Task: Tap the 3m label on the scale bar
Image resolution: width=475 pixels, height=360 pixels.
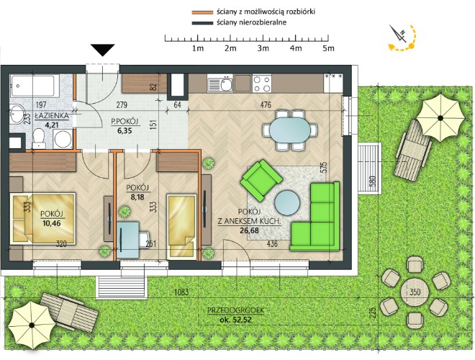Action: [x=263, y=48]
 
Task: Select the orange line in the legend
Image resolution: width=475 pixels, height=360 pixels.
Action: [x=202, y=12]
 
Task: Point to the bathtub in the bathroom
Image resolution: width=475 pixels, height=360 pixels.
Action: [x=35, y=86]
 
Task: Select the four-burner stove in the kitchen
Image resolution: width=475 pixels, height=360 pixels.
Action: [x=262, y=84]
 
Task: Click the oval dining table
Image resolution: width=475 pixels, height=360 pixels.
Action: [x=290, y=130]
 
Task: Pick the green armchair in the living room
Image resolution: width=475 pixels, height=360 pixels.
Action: [x=261, y=180]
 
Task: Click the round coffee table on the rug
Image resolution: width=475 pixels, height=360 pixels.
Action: [x=287, y=202]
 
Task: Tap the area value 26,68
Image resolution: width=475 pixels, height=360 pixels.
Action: [x=249, y=230]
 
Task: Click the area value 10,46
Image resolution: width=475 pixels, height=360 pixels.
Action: [x=51, y=224]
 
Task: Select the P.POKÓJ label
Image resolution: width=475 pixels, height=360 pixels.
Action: [x=125, y=122]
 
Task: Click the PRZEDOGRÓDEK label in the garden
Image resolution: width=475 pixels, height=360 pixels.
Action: [x=235, y=310]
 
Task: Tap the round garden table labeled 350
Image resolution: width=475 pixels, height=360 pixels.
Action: [x=415, y=292]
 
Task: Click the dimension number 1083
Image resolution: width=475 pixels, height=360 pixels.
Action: [x=181, y=292]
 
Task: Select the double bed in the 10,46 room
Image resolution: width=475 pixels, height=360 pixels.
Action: [x=42, y=218]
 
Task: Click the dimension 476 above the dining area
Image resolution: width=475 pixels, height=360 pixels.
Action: [x=266, y=105]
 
